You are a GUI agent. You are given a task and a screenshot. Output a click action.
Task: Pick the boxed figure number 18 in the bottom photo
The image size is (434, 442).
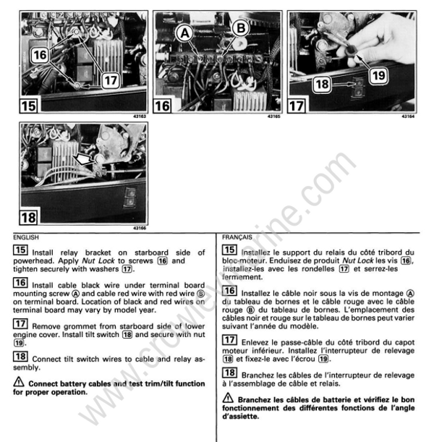[31, 215]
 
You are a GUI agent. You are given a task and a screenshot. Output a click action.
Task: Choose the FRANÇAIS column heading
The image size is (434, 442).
[237, 236]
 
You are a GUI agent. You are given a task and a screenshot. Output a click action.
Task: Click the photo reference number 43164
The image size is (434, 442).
[417, 115]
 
